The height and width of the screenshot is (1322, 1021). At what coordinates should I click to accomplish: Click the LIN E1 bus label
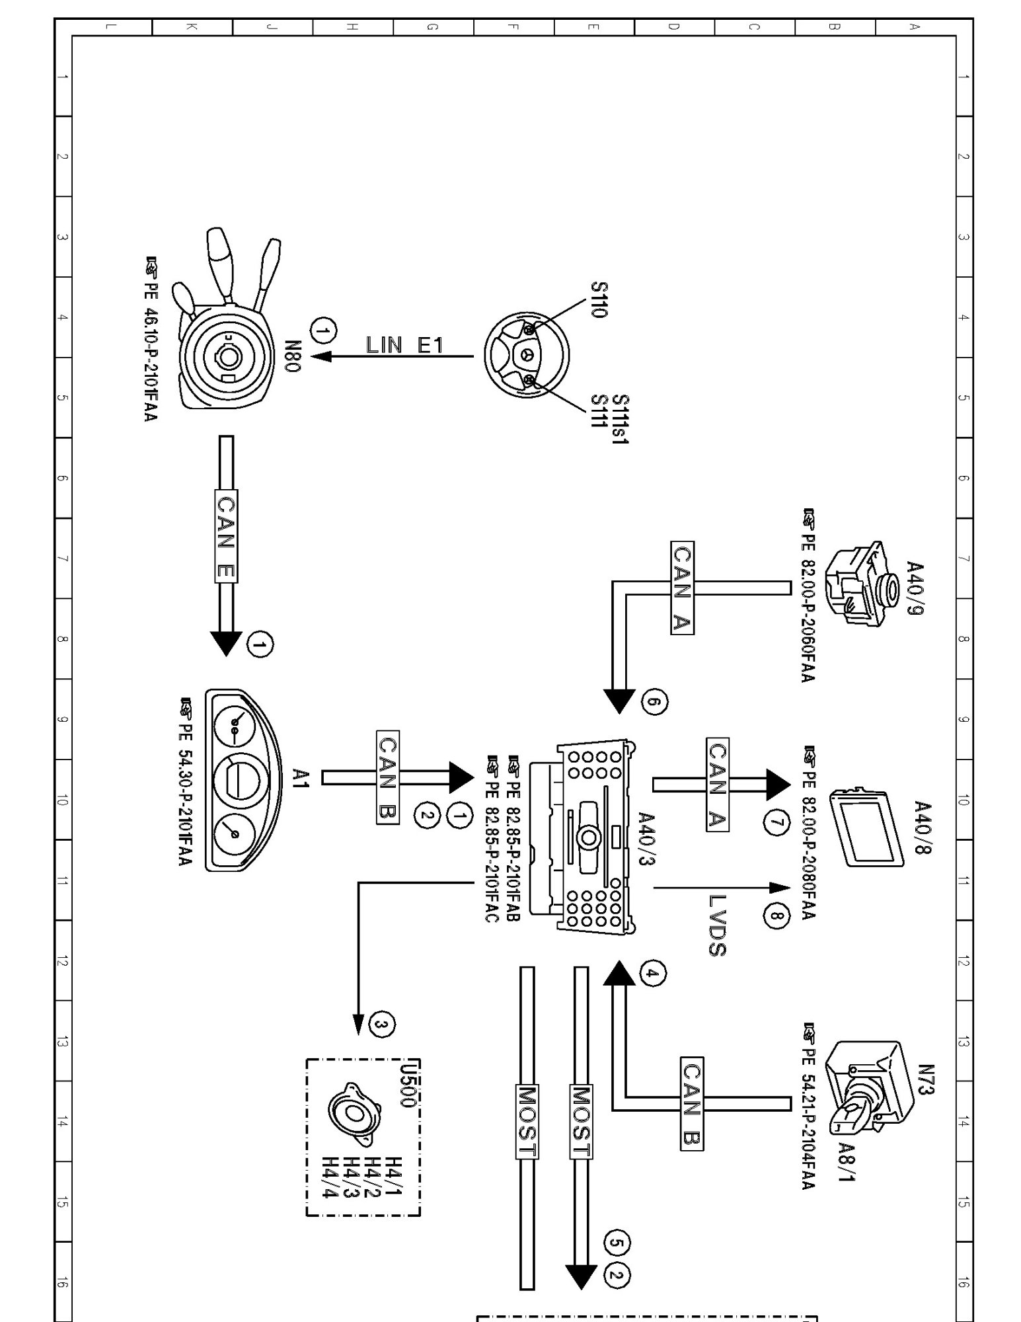click(404, 345)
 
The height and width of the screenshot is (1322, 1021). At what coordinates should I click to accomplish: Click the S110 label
click(598, 300)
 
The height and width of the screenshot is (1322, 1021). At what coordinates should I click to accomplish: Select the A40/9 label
click(915, 588)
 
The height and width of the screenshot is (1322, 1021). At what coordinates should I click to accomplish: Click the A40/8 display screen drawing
click(866, 826)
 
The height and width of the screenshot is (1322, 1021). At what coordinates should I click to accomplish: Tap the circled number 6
click(654, 702)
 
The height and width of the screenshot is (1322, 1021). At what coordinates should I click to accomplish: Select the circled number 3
click(383, 1025)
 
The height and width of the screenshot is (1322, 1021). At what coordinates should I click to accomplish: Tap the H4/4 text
click(330, 1177)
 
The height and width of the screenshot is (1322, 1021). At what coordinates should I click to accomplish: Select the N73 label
click(925, 1080)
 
